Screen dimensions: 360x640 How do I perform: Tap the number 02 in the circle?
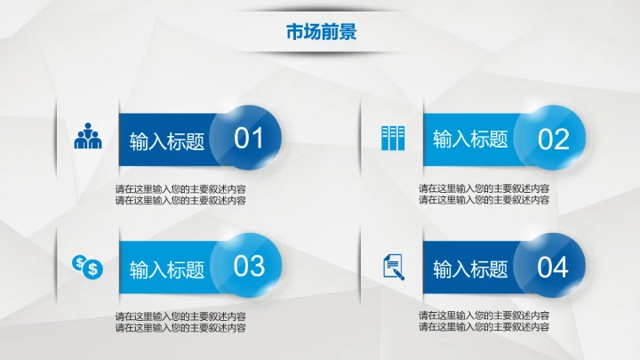[553, 139]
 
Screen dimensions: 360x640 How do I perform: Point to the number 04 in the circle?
[553, 266]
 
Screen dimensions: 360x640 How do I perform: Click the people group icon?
[88, 135]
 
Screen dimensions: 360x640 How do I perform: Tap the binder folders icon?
[392, 137]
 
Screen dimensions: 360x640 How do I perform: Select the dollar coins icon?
[88, 265]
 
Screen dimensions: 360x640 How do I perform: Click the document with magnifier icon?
[392, 266]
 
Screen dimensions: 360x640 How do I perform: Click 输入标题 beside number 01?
[167, 141]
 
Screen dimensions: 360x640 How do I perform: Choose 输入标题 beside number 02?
[470, 140]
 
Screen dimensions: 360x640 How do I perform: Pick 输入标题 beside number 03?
[167, 268]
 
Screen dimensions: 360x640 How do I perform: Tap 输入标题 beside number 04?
[470, 268]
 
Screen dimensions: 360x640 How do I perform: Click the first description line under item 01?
[180, 188]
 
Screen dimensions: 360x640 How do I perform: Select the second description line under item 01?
[180, 200]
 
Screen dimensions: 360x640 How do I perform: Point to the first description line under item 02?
[484, 188]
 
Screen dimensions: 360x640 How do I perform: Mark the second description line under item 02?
[484, 200]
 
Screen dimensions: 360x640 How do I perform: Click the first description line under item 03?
[180, 316]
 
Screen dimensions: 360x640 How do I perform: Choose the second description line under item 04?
[484, 327]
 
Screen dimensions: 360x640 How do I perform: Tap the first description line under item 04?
[484, 316]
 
